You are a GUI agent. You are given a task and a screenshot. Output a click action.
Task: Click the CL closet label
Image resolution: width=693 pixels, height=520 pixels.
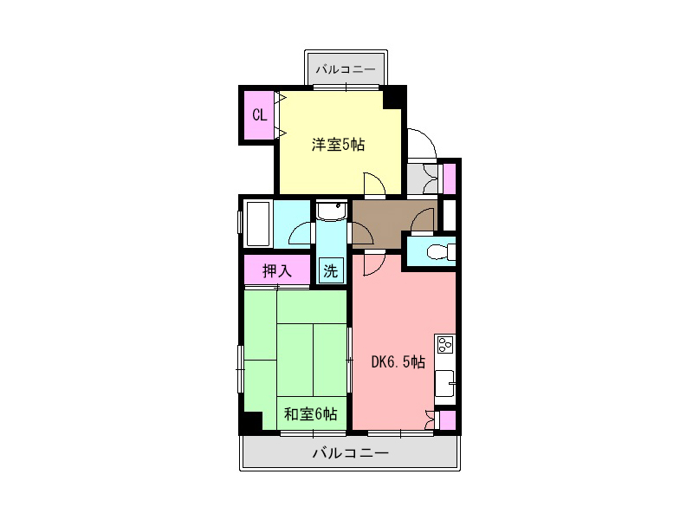(x=259, y=115)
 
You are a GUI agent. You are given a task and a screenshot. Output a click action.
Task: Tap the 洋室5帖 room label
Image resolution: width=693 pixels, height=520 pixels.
(x=338, y=145)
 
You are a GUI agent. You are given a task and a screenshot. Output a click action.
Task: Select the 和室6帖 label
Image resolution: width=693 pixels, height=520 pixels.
(x=310, y=414)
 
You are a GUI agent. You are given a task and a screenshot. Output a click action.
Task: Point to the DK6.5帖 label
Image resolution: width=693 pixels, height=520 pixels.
(x=398, y=362)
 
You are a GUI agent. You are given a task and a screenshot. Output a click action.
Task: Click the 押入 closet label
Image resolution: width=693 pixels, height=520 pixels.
(x=277, y=270)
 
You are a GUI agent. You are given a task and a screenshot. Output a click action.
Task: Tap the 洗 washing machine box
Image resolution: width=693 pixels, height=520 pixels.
(x=331, y=270)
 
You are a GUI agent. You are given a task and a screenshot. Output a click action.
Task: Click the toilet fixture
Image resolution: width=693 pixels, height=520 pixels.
(x=441, y=252)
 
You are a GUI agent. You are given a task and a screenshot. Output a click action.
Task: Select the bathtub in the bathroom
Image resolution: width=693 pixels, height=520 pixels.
(x=257, y=224)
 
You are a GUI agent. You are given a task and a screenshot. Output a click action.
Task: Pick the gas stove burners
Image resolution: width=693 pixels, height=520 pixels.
(x=444, y=343)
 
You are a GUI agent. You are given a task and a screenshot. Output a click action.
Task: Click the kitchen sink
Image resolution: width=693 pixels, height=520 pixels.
(x=445, y=384)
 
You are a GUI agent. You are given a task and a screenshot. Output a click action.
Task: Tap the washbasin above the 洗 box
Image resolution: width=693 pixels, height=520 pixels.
(x=331, y=211)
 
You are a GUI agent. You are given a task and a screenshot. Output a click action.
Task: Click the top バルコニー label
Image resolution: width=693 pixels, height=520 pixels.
(x=346, y=69)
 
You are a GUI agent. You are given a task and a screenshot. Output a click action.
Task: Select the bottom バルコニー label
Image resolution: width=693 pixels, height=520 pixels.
(x=351, y=452)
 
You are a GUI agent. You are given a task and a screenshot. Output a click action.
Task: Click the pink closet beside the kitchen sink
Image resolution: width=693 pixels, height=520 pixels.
(x=447, y=420)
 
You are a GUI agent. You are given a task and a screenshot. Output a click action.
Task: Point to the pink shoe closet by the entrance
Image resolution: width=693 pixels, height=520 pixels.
(x=449, y=179)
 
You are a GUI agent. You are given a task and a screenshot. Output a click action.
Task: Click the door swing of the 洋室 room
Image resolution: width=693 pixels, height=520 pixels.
(x=375, y=184)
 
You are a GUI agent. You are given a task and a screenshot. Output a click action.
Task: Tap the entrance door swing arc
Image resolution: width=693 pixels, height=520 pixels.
(x=422, y=143)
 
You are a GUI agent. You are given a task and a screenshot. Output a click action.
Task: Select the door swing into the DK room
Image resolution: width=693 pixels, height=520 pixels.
(x=375, y=263)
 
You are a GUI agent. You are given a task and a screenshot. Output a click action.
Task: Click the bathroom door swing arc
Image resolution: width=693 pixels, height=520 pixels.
(x=301, y=232)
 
